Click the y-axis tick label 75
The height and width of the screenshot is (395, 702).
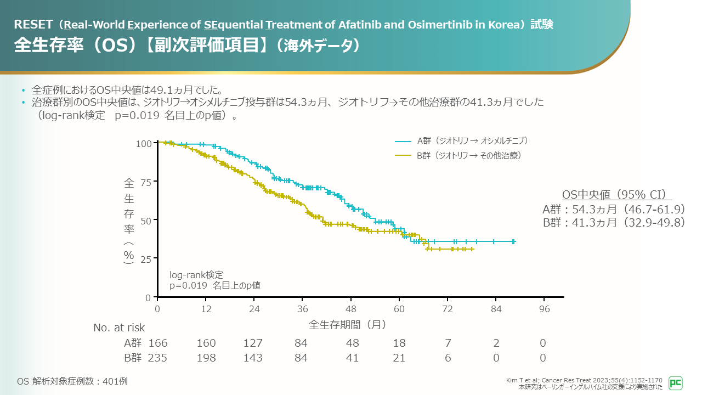(x=145, y=182)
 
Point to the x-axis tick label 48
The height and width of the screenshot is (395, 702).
(x=351, y=308)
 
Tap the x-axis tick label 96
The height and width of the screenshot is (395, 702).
(x=544, y=308)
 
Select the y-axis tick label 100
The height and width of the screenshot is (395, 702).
(x=143, y=144)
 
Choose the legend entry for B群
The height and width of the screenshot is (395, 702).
(x=457, y=156)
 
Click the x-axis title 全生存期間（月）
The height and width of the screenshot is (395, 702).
(x=348, y=324)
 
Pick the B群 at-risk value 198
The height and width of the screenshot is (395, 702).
(x=206, y=358)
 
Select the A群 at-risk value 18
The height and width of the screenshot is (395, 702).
(x=399, y=343)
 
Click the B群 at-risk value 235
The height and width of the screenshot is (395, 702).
(x=158, y=358)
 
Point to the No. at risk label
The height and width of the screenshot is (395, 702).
(x=119, y=328)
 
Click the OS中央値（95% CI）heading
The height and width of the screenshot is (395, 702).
(x=617, y=195)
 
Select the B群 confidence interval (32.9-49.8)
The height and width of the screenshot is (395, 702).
(x=654, y=222)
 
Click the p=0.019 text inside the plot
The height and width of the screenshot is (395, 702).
(x=188, y=285)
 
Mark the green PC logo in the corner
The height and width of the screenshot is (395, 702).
(x=676, y=383)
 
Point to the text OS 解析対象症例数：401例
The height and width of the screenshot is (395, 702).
(x=72, y=381)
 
